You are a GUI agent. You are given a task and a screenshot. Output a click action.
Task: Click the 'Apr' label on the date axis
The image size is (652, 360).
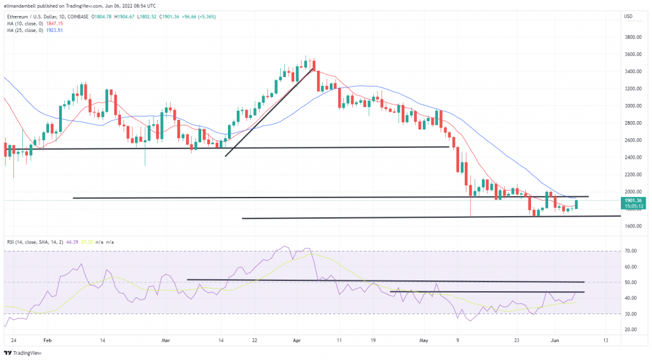point(297,341)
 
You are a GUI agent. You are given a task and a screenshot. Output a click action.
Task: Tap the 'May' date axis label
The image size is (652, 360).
point(425,341)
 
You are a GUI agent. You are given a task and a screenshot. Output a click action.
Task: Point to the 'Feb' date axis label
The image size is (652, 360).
point(46,341)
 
